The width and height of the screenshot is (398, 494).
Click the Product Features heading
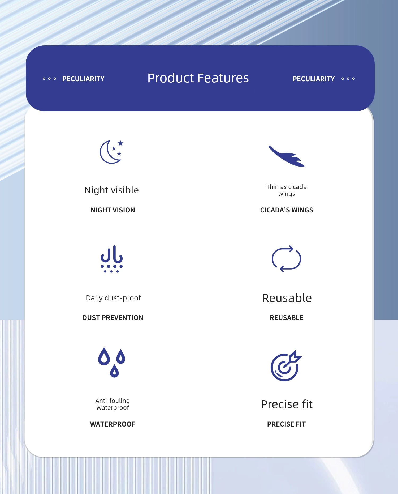click(x=198, y=78)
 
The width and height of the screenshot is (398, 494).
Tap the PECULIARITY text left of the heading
click(x=83, y=79)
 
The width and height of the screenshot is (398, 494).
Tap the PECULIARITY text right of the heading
click(x=314, y=79)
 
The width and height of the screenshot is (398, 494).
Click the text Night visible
click(x=111, y=190)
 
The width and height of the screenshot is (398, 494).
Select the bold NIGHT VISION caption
click(x=113, y=210)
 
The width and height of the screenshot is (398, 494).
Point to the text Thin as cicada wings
click(x=287, y=190)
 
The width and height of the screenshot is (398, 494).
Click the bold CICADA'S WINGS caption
click(x=287, y=210)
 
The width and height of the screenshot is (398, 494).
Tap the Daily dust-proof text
click(x=113, y=298)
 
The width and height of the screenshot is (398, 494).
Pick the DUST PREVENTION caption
click(x=113, y=318)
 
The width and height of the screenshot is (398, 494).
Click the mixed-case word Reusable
click(x=287, y=298)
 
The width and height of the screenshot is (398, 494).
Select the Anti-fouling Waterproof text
click(x=113, y=404)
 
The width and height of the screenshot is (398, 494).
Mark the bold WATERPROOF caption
click(x=113, y=424)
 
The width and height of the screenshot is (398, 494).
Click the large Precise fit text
click(x=287, y=404)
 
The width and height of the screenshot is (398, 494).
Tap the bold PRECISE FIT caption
click(x=286, y=424)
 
